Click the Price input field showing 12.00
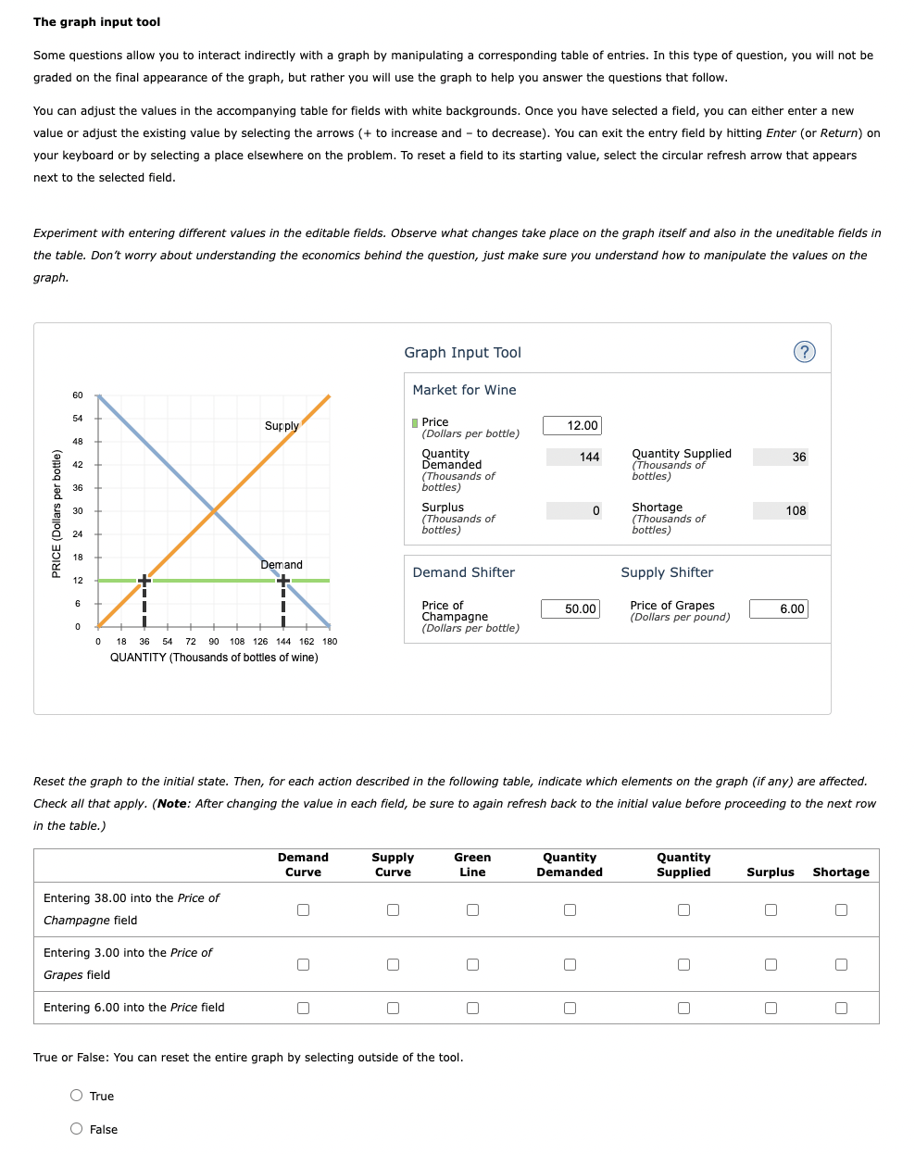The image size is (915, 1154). [571, 425]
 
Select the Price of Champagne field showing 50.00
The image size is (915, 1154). [570, 608]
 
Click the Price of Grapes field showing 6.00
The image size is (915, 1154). [779, 608]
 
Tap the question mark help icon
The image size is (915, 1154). [805, 352]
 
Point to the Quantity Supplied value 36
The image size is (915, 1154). [780, 457]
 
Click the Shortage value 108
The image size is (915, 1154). [780, 510]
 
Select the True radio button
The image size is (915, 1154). [77, 1096]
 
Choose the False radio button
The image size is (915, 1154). [77, 1128]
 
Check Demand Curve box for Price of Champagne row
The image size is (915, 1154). [303, 909]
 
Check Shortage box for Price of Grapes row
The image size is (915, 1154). [841, 964]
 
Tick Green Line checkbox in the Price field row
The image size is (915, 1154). [472, 1008]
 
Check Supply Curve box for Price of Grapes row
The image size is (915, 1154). [393, 964]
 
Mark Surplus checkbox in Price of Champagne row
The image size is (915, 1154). [771, 909]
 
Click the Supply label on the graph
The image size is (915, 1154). [282, 426]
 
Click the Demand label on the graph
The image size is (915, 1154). [282, 565]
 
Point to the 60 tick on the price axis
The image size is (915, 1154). [78, 395]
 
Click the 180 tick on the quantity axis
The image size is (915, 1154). [330, 641]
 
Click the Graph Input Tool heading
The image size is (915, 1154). [462, 353]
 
